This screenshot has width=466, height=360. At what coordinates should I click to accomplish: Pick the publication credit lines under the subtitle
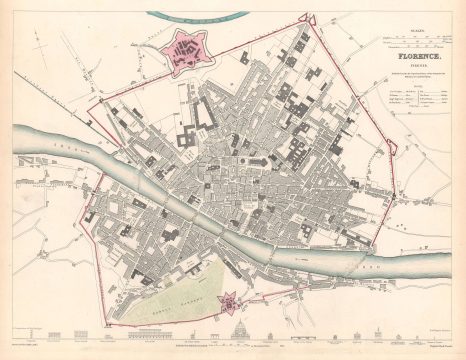point(409,78)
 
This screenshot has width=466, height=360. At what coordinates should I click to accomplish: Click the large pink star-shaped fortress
point(183,50)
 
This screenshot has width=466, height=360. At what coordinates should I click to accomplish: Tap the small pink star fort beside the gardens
point(228,298)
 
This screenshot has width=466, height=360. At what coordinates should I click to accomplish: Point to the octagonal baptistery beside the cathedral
point(233,161)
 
